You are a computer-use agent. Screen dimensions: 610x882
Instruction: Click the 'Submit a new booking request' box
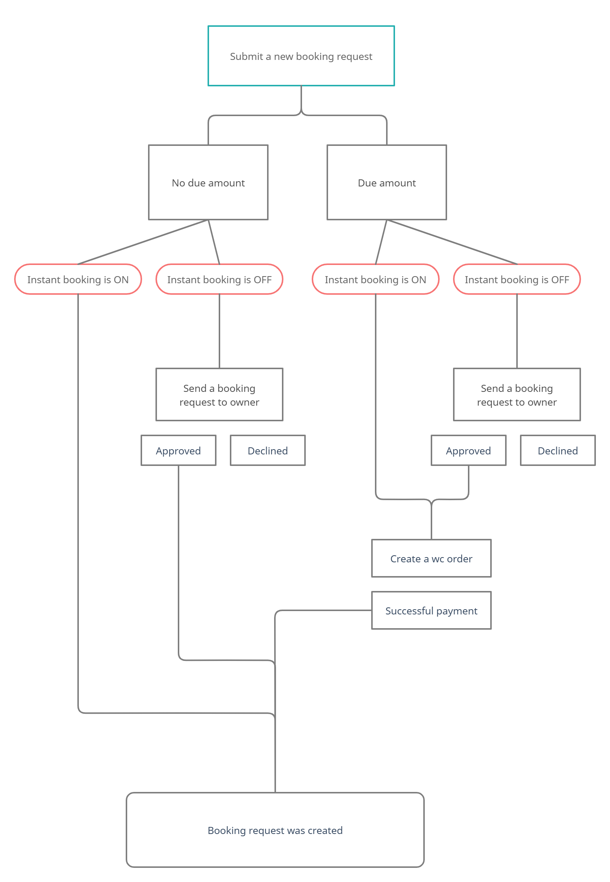point(301,56)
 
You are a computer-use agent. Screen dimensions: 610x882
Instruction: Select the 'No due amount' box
point(208,182)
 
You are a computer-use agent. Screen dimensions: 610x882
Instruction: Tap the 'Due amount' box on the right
point(387,182)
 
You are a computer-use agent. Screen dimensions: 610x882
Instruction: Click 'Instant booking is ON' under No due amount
point(78,279)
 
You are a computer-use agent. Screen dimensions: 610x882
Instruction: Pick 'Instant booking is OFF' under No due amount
point(219,279)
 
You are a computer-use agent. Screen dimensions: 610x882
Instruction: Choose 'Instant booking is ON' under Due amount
point(376,279)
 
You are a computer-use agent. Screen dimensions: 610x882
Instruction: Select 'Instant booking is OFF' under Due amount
point(517,279)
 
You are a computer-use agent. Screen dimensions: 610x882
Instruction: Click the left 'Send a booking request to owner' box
point(219,394)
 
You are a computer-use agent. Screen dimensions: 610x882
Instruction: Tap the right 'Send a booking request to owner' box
point(517,394)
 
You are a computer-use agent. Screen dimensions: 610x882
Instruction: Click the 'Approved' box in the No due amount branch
point(179,450)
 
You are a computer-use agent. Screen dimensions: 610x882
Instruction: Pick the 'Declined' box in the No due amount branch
point(268,450)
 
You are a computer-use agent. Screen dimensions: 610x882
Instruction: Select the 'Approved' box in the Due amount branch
point(469,450)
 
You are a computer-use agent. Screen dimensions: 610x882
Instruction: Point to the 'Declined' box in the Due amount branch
point(558,450)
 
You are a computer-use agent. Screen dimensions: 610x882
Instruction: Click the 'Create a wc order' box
point(431,558)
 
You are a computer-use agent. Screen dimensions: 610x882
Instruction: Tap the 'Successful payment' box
point(431,611)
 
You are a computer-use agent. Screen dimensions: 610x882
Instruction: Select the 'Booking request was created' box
point(275,830)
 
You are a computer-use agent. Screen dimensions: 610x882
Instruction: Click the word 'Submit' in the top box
point(247,56)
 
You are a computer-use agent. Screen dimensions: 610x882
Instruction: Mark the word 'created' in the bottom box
point(325,830)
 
